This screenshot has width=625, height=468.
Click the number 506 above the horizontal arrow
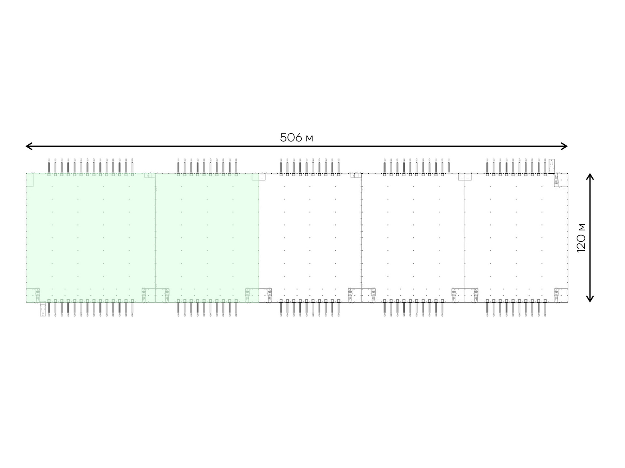pyautogui.click(x=291, y=138)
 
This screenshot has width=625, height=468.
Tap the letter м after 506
pyautogui.click(x=309, y=139)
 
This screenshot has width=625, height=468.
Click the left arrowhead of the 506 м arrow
pyautogui.click(x=29, y=146)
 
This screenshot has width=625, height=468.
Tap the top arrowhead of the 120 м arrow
pyautogui.click(x=590, y=176)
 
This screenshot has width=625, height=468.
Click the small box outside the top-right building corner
pyautogui.click(x=551, y=166)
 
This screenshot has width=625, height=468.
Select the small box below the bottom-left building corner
pyautogui.click(x=43, y=310)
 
